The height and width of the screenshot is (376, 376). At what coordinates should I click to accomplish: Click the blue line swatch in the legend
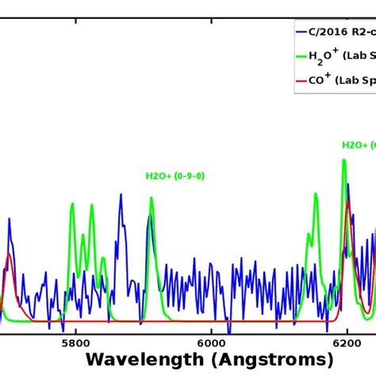300,33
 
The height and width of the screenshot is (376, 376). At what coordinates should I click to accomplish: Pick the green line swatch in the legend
300,56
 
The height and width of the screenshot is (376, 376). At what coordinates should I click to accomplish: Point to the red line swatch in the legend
300,80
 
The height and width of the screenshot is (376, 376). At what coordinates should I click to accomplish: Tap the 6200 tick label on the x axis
347,342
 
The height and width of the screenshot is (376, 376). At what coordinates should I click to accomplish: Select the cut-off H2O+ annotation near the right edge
359,145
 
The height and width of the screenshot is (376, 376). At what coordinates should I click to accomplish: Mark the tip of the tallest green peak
344,160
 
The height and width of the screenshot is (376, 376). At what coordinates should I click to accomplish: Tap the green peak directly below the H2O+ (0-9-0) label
152,199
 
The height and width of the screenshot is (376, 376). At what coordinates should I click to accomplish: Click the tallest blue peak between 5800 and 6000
121,194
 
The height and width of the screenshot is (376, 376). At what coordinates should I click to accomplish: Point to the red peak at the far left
9,255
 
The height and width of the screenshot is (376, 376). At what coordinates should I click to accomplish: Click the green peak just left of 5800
72,204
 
